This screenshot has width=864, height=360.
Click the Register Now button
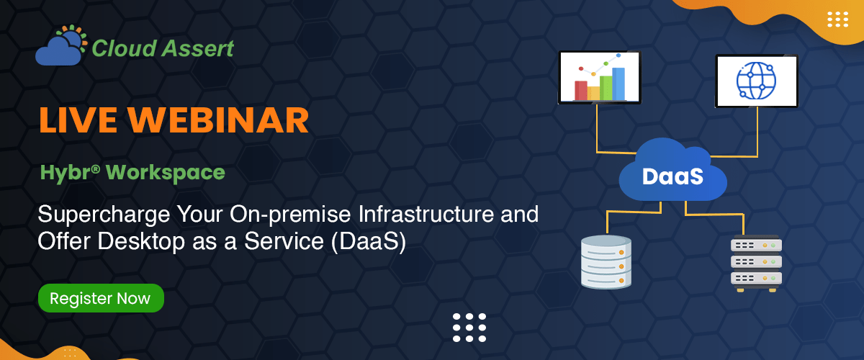(x=100, y=298)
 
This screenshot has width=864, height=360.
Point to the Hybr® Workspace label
(x=132, y=173)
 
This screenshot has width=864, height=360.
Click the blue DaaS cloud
(x=672, y=175)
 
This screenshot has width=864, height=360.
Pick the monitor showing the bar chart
(x=599, y=77)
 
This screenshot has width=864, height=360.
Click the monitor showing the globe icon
(x=756, y=81)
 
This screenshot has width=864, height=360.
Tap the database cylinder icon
(x=606, y=262)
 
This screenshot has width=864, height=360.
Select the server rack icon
(x=756, y=262)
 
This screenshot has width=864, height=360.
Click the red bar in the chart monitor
(x=581, y=90)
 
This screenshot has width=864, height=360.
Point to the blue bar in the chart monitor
(x=618, y=84)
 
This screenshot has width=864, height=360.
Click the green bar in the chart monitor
(x=606, y=87)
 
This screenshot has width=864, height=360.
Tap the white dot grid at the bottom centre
(x=469, y=328)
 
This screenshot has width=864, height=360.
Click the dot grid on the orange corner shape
(x=838, y=19)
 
